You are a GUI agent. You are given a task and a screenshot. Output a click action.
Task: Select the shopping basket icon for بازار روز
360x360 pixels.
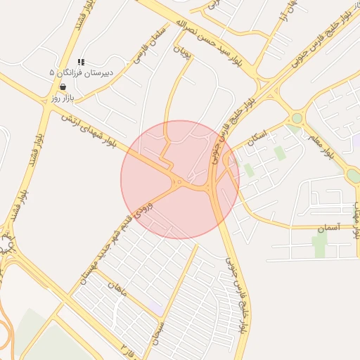(x=63, y=88)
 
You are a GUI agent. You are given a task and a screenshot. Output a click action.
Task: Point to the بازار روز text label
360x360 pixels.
(x=62, y=98)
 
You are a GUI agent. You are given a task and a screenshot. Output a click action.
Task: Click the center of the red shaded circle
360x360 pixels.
(x=180, y=179)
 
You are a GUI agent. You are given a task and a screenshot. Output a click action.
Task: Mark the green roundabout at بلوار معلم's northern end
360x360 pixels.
(x=297, y=118)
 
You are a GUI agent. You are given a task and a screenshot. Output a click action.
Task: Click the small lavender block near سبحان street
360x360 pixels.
(x=156, y=307)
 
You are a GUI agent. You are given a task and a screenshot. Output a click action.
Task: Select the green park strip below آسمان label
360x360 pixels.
(x=320, y=245)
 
